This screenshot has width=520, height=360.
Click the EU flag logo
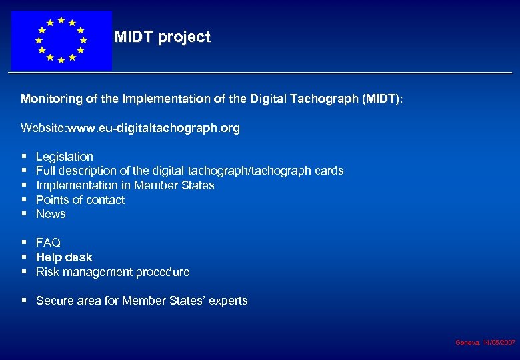click(61, 41)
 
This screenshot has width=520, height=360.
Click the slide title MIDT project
click(162, 37)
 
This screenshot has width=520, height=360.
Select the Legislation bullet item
click(65, 157)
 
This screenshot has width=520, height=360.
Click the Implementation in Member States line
click(125, 185)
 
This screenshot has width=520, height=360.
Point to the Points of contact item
click(80, 200)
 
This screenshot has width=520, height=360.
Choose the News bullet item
click(51, 214)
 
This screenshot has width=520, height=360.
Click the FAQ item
click(48, 243)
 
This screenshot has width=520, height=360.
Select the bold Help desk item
click(64, 257)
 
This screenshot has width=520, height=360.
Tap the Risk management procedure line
click(113, 272)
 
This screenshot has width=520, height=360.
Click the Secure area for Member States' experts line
click(141, 301)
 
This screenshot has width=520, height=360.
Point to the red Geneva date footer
click(485, 342)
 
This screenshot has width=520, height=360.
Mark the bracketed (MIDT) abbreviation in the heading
click(381, 99)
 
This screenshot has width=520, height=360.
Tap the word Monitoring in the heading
click(52, 99)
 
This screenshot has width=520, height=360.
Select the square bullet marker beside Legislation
click(24, 157)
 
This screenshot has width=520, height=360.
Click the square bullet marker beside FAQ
click(24, 243)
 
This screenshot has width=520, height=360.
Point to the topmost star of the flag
click(61, 20)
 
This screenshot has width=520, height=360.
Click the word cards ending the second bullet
click(329, 171)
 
